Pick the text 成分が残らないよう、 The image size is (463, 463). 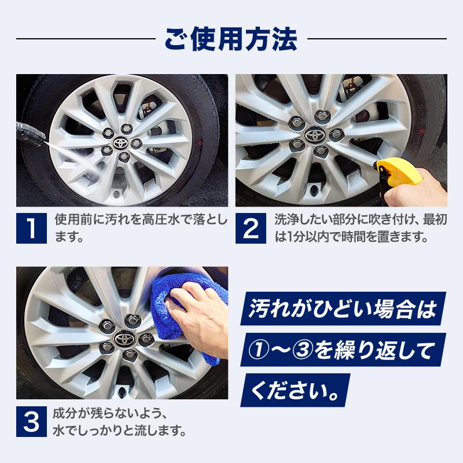click(x=110, y=414)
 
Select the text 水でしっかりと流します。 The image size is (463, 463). click(x=119, y=431)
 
